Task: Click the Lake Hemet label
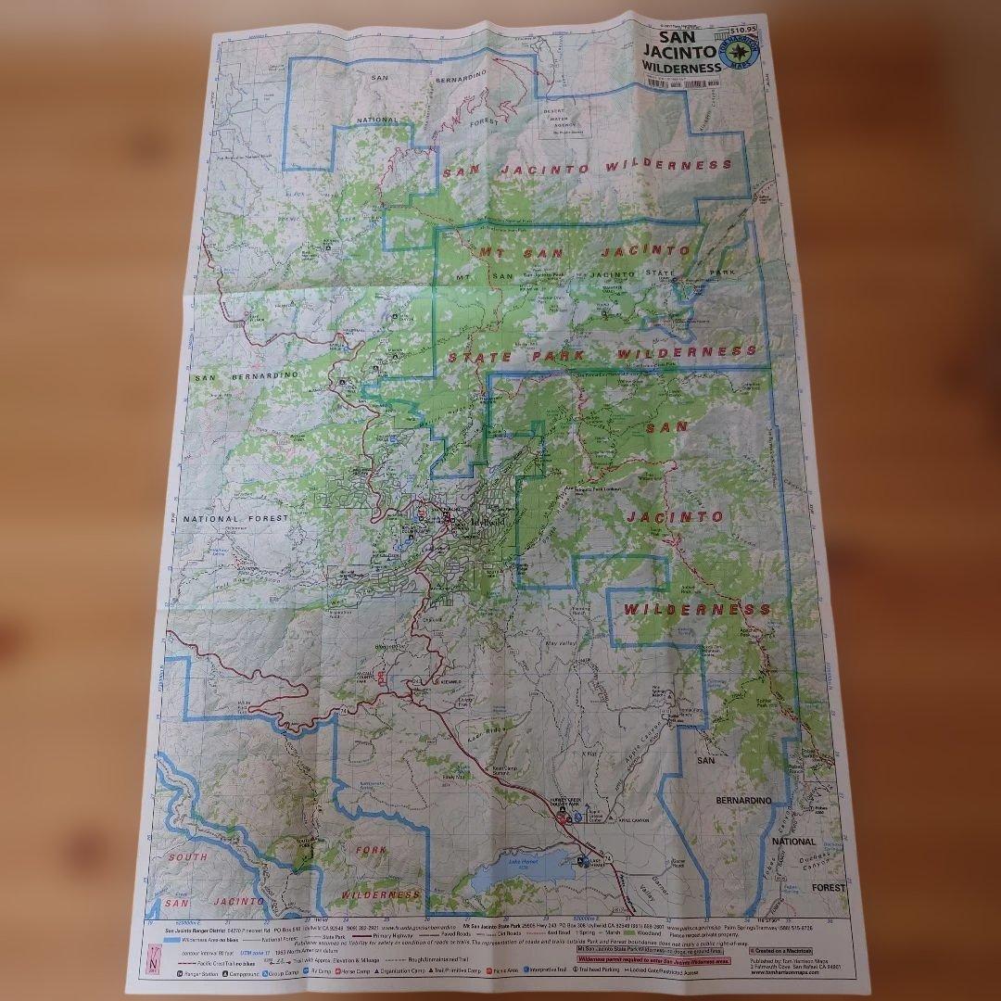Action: pyautogui.click(x=524, y=861)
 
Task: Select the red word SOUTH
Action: pyautogui.click(x=187, y=857)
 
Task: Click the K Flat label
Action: pyautogui.click(x=590, y=755)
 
